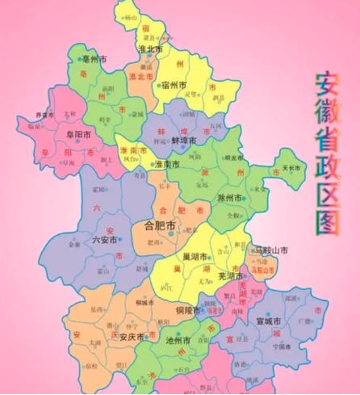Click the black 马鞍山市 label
[x=270, y=250]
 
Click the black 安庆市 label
[x=130, y=337]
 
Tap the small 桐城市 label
[x=146, y=301]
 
